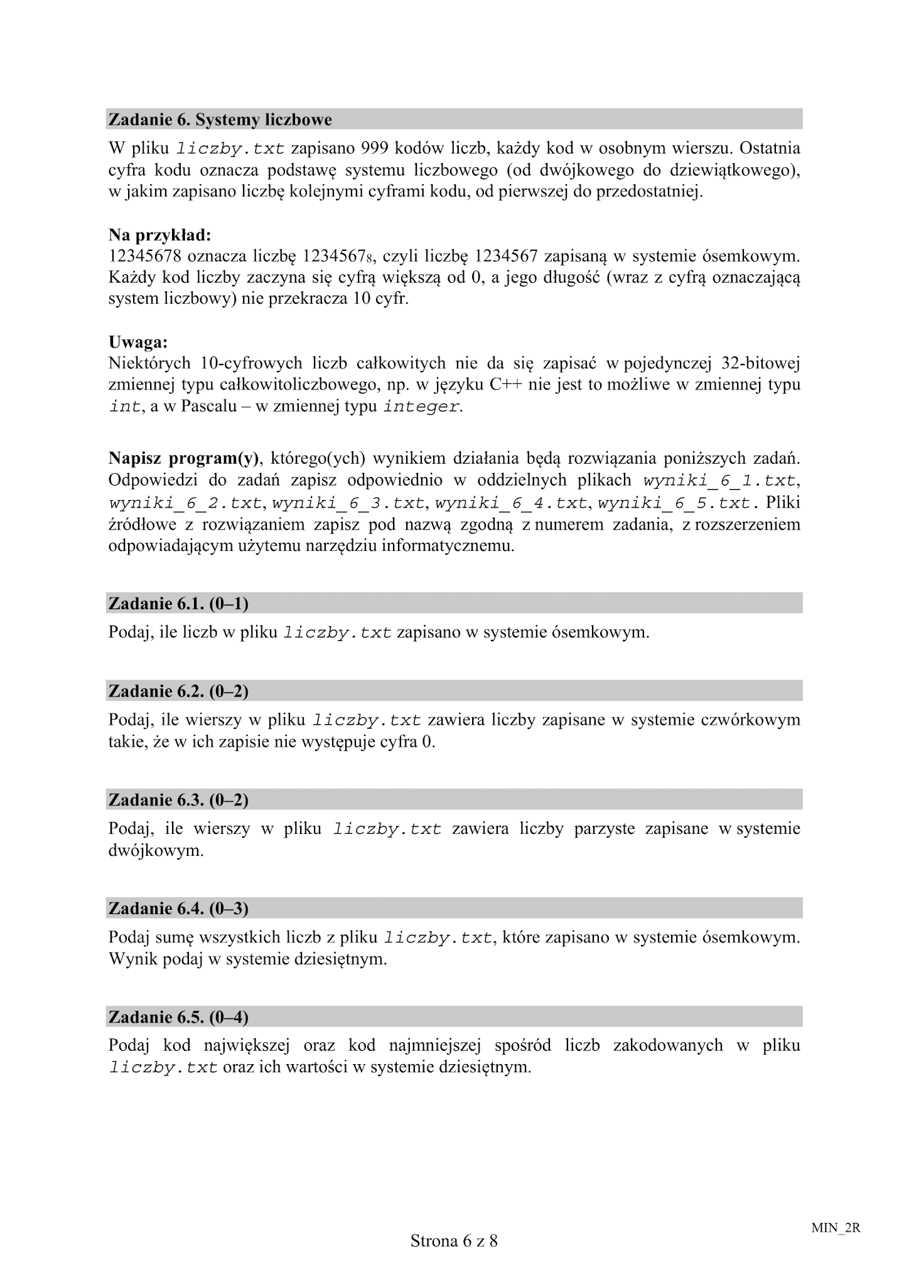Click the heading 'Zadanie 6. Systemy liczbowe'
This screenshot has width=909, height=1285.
[x=220, y=119]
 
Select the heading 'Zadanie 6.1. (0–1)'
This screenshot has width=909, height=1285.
[x=178, y=604]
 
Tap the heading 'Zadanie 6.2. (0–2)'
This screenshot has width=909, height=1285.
[x=178, y=691]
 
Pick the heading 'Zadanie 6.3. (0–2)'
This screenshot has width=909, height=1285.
[x=178, y=800]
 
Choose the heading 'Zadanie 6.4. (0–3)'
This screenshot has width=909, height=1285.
[x=178, y=909]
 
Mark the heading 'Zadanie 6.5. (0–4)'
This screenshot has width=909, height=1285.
[x=178, y=1017]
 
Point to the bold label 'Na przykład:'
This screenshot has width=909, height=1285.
[x=160, y=235]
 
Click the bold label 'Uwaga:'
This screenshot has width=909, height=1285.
[x=138, y=343]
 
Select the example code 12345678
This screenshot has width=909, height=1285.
[x=145, y=257]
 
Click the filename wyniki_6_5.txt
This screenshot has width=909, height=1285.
[x=674, y=503]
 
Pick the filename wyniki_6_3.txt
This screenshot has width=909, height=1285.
[x=349, y=503]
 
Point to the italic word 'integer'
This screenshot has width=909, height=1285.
[x=421, y=407]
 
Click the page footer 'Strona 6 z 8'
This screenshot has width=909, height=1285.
[x=454, y=1240]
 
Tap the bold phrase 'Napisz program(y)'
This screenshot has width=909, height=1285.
[x=184, y=459]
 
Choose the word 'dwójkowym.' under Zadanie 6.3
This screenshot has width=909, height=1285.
[x=156, y=851]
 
